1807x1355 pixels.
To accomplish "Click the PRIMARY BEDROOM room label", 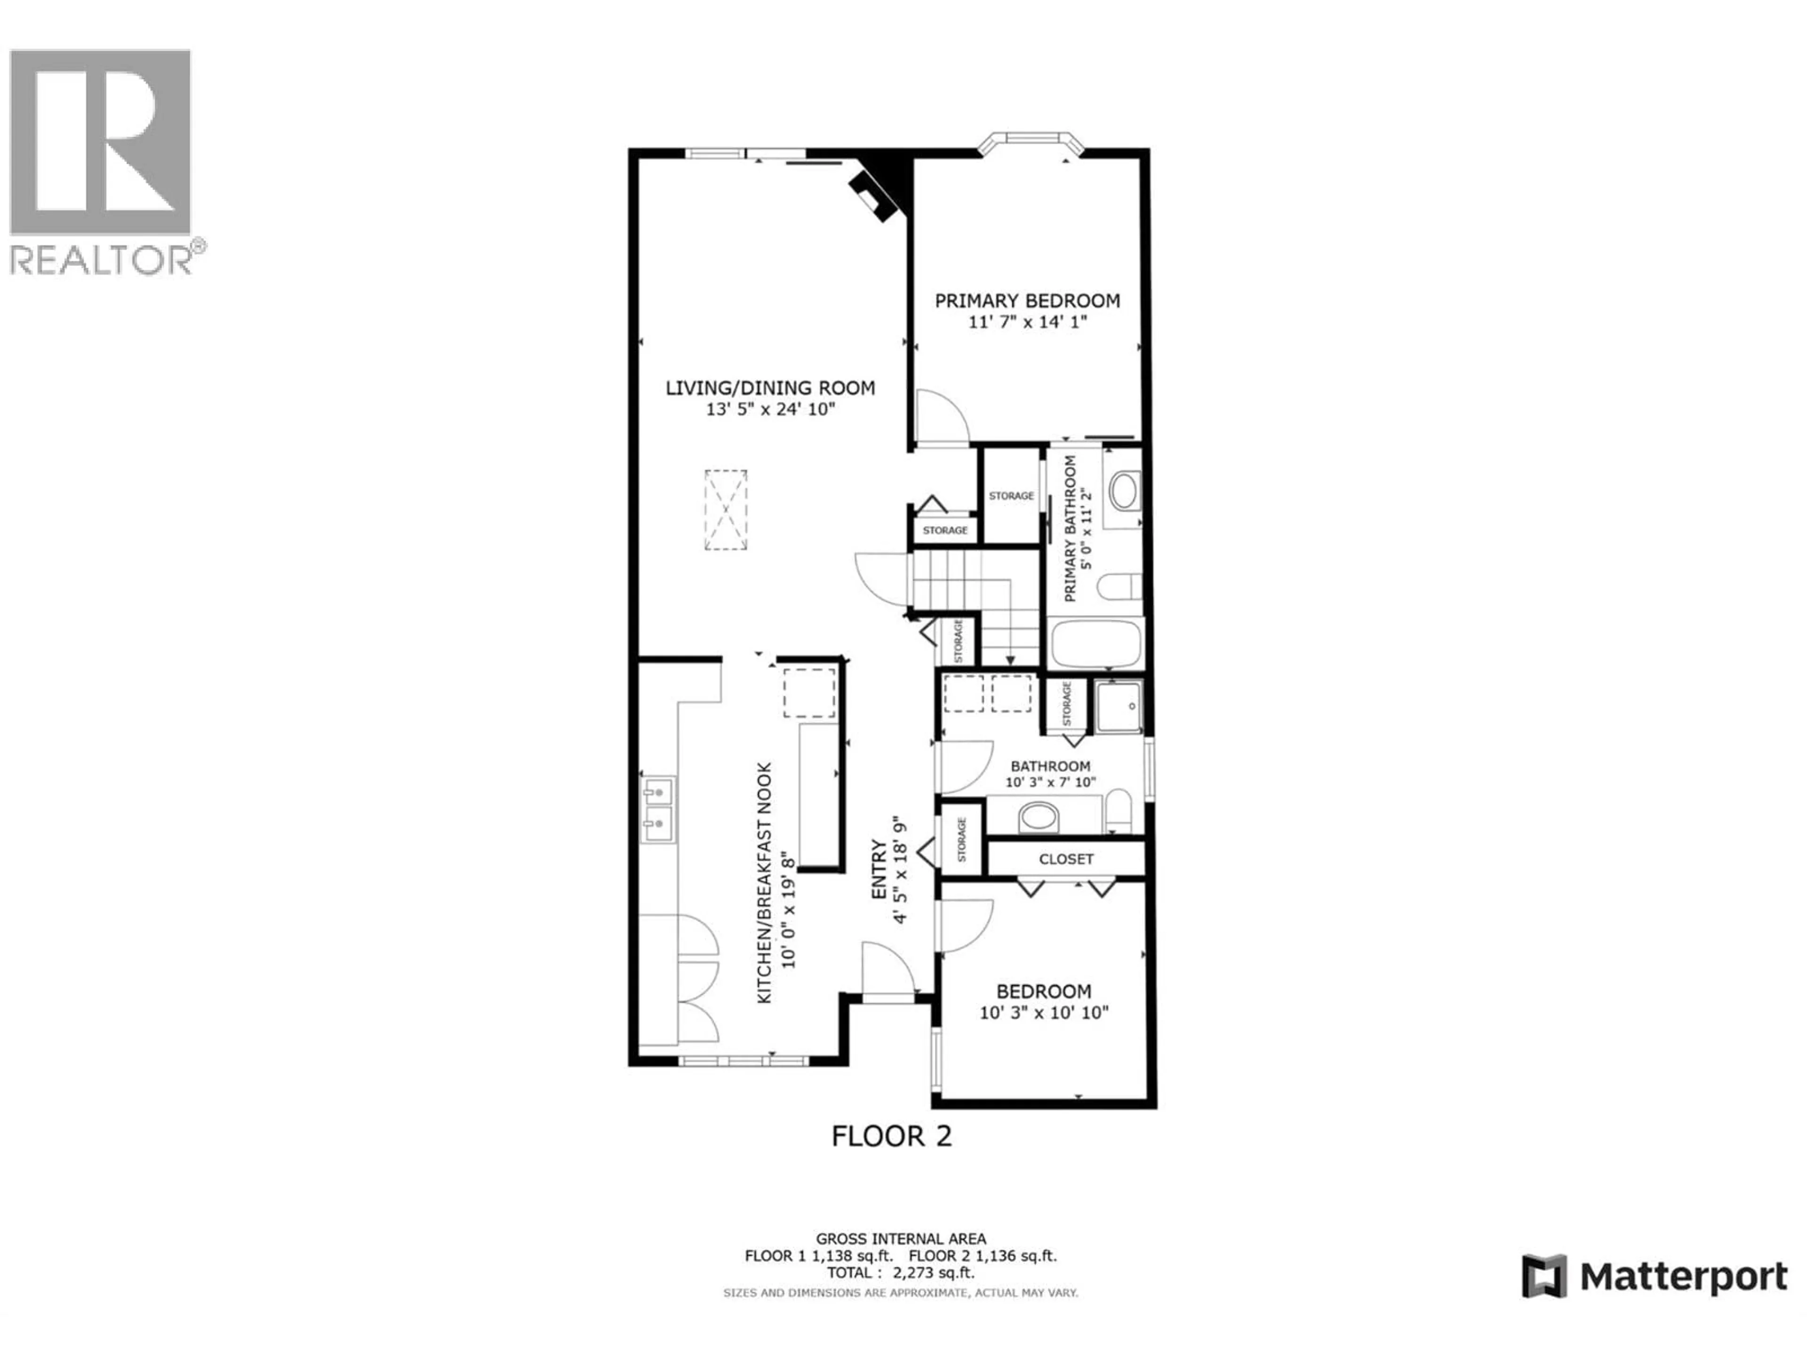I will point(1027,301).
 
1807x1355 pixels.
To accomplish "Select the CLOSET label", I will point(1065,859).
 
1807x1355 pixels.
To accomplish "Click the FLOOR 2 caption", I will point(891,1136).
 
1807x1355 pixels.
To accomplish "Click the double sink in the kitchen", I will point(657,809).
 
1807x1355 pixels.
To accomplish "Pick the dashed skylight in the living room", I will point(726,510).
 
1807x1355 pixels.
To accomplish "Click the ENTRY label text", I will point(879,870).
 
